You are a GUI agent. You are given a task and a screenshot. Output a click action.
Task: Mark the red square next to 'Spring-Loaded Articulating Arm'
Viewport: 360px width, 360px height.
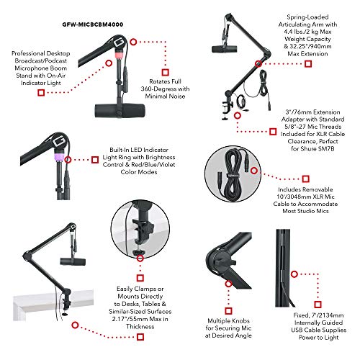(x=307, y=63)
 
